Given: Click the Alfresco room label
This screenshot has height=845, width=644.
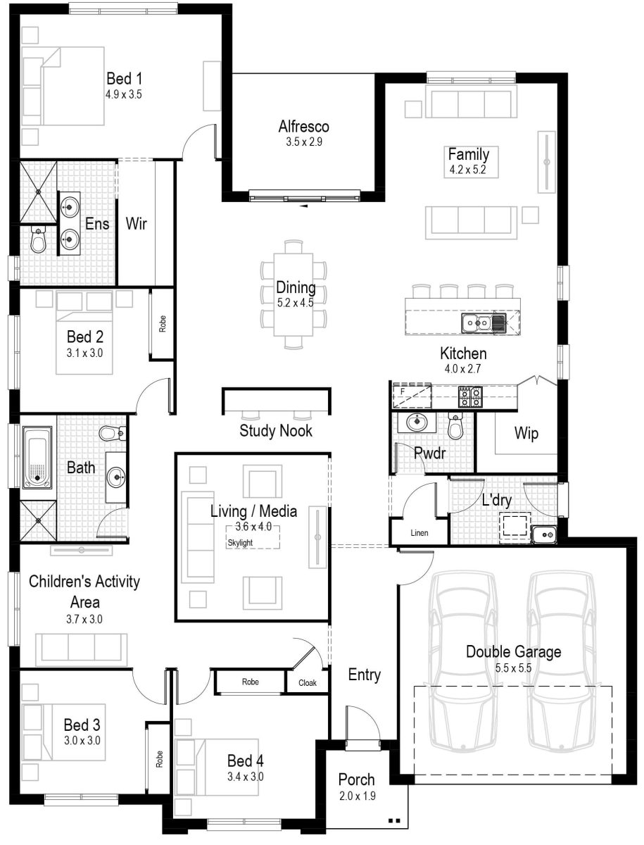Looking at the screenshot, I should tap(303, 127).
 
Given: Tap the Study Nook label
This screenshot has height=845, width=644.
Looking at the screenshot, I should tap(276, 430).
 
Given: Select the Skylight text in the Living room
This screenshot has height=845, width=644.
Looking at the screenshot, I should tap(239, 543).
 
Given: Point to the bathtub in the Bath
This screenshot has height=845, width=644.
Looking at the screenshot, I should tap(37, 457).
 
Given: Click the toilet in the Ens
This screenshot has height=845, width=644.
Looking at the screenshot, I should tap(38, 241).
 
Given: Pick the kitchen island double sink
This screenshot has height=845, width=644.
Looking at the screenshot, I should tap(476, 323).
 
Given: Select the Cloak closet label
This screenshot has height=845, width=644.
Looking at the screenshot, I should tap(307, 682).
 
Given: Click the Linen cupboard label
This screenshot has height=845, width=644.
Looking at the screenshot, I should tap(419, 533).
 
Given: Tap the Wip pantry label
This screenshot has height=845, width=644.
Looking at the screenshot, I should tap(526, 434).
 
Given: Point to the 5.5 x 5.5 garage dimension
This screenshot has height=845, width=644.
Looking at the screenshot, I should tap(513, 667).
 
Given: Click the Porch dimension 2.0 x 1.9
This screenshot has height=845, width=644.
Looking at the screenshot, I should tap(356, 796).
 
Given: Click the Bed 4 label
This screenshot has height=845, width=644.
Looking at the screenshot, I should tap(245, 760).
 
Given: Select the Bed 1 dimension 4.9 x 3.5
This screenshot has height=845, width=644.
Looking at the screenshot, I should tap(124, 94).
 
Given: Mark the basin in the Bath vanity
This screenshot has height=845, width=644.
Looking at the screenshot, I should tap(115, 477).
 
